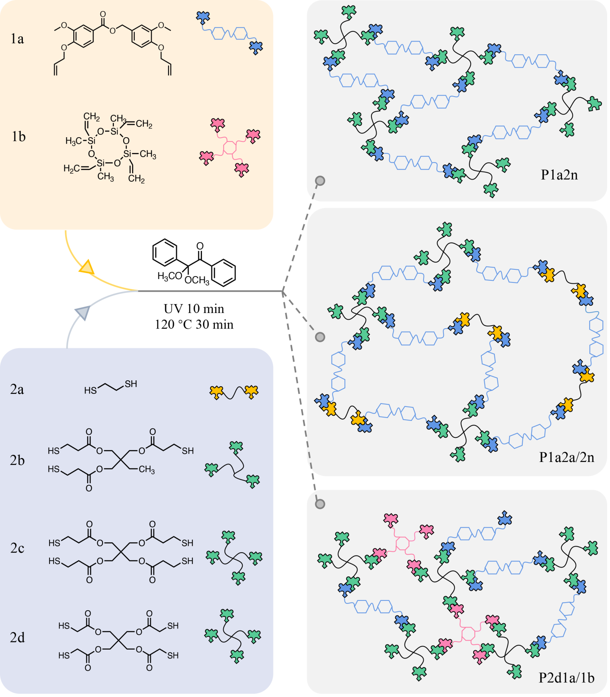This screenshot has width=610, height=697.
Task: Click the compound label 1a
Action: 17,39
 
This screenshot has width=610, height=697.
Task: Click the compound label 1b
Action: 19,136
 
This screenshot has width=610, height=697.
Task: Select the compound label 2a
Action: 17,389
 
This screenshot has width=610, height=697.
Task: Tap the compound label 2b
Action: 17,460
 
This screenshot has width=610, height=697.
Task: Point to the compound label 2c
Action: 17,548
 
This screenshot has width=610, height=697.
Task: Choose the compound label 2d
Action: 17,637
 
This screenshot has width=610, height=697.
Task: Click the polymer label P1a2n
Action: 559,175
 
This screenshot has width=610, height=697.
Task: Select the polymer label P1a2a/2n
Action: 566,457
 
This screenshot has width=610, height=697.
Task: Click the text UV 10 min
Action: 194,309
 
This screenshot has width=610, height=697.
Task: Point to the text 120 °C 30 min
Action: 194,324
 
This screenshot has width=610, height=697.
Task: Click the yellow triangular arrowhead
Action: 86,267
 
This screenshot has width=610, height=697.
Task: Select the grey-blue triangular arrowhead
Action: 83,312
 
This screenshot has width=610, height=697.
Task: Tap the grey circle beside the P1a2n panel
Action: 320,181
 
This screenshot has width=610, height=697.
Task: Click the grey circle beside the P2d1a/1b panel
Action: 320,504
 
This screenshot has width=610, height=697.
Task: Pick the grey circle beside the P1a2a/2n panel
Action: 320,337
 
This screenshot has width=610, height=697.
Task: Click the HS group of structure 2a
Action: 90,390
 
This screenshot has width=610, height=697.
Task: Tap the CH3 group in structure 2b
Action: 147,470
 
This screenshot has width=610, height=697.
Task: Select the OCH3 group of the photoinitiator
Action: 197,280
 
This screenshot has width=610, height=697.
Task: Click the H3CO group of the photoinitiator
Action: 169,277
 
